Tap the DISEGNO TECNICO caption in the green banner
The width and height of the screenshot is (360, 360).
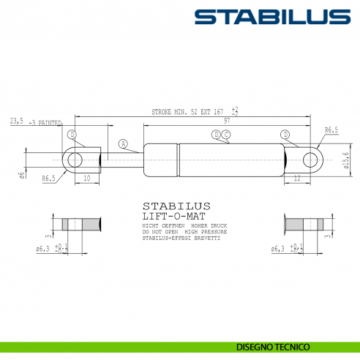point(274,345)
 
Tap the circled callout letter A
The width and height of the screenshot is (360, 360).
point(123,143)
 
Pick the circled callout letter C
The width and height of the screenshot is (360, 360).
point(226,135)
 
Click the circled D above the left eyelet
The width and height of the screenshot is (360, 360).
point(72,135)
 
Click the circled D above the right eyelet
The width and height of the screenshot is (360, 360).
point(285,135)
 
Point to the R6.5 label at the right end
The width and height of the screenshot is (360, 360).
point(331,130)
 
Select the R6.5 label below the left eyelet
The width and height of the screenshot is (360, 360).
point(49,178)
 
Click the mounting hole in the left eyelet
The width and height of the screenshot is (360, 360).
point(75,158)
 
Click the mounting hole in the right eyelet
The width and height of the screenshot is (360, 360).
point(310,158)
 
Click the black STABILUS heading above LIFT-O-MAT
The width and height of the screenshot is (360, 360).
point(176,206)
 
